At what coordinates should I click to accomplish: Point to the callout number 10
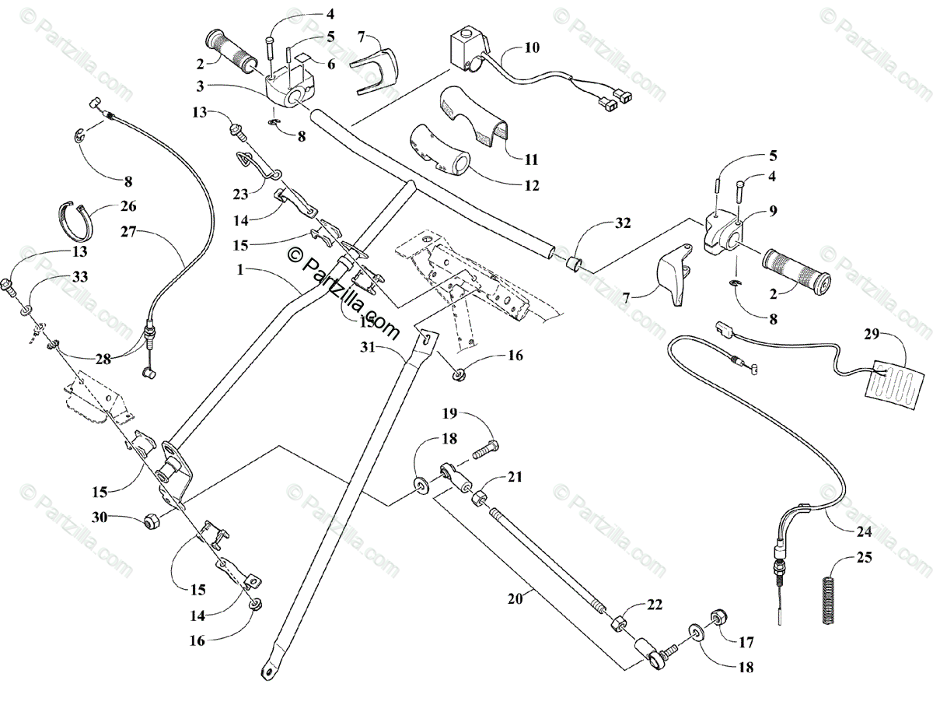[x=531, y=47]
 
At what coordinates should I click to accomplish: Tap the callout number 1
[x=246, y=269]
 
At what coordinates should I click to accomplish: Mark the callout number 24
[x=865, y=532]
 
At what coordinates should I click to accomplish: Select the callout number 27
[x=130, y=231]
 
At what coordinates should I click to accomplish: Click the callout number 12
[x=531, y=186]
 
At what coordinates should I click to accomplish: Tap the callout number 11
[x=531, y=160]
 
